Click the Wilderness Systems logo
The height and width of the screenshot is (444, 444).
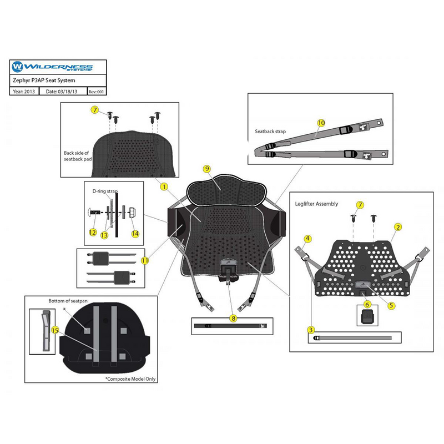pos(52,67)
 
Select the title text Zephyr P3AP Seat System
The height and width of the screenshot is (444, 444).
pos(44,80)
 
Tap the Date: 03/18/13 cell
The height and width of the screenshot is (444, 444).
pos(62,92)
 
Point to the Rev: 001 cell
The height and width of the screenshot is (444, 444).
pos(96,92)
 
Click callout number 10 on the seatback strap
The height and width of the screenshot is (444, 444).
pos(321,123)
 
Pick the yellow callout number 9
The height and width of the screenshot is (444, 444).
pos(207,169)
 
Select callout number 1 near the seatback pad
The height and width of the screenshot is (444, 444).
pos(164,186)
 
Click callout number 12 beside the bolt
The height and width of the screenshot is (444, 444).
pos(93,233)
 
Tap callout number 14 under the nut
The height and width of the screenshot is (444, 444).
pos(135,234)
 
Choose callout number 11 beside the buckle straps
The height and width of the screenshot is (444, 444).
pos(145,260)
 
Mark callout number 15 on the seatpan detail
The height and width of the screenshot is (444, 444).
pos(55,330)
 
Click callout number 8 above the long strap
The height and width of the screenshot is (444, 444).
pos(233,319)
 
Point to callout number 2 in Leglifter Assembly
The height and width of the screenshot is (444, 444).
pos(398,227)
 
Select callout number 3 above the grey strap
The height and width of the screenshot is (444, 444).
pos(311,330)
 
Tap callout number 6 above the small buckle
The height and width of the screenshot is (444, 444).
pos(367,304)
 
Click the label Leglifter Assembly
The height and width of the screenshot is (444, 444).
pos(316,204)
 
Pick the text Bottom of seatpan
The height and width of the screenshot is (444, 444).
pos(68,301)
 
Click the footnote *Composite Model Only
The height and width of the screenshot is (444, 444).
pos(130,379)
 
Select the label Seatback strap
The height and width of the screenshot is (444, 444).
pos(270,132)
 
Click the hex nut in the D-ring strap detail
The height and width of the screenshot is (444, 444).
pos(132,213)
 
